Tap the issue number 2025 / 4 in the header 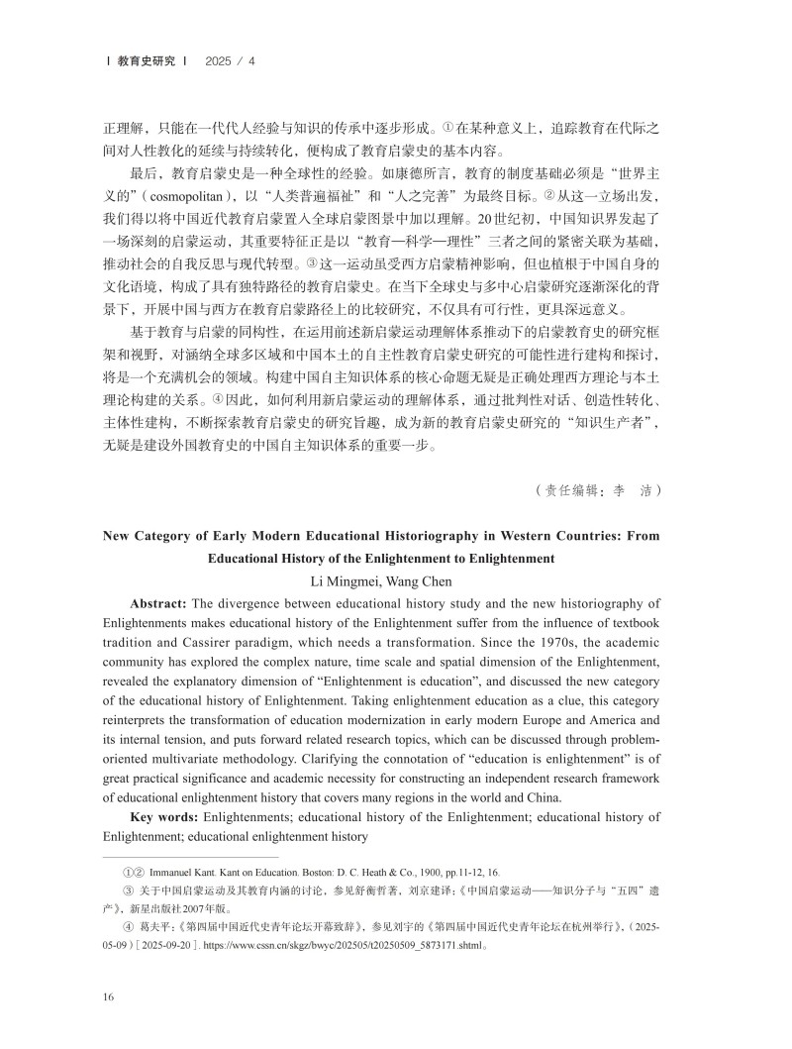point(230,61)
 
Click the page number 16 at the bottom point(109,997)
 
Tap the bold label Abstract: point(160,603)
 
